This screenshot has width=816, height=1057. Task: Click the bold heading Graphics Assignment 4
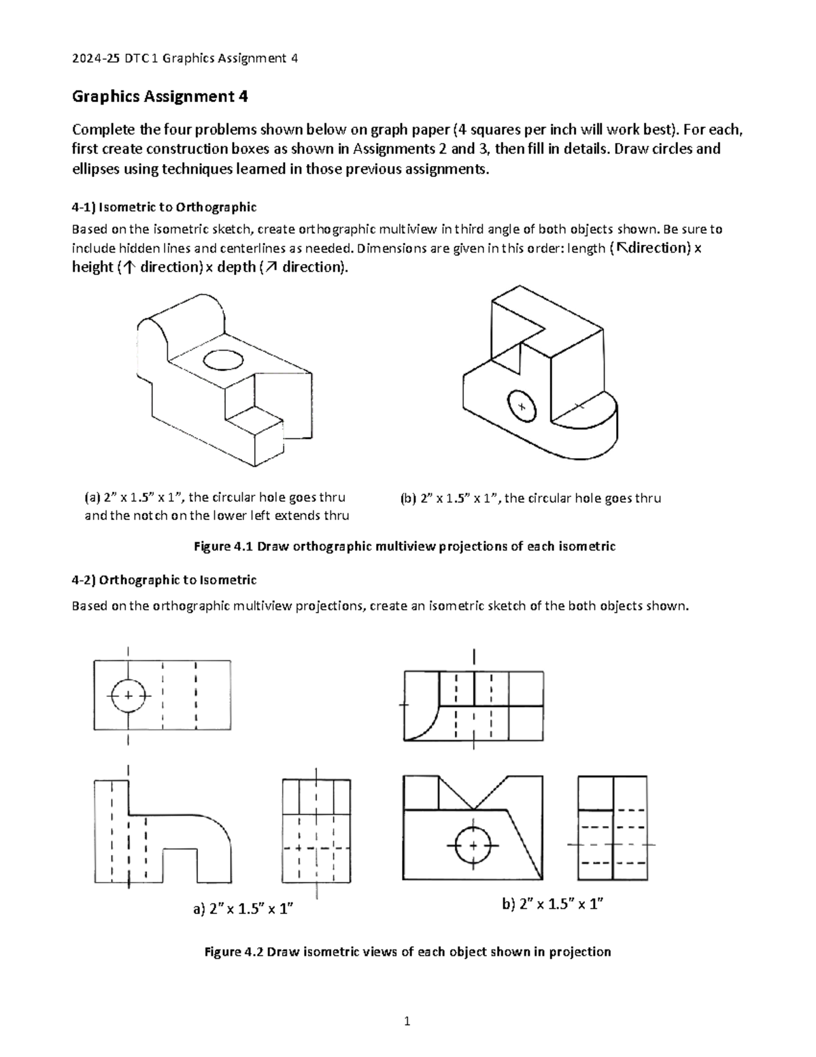pos(160,97)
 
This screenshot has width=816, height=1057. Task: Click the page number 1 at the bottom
pos(407,1021)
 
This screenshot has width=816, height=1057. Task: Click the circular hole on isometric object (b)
pos(522,406)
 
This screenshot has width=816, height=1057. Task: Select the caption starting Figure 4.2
pos(407,952)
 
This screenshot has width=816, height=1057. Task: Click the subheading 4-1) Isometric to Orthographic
pos(164,206)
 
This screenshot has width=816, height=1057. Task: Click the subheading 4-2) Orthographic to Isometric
pos(164,580)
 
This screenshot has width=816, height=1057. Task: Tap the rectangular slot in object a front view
pos(180,864)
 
